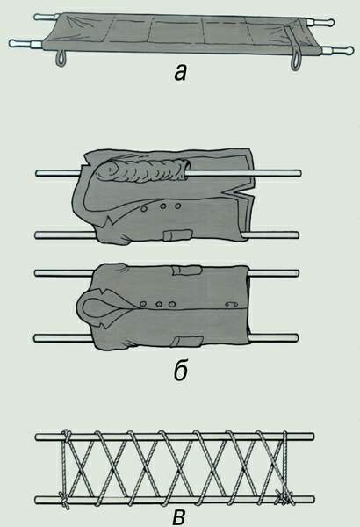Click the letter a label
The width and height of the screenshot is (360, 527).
[x=181, y=72]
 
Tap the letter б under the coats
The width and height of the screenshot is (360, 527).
[x=181, y=370]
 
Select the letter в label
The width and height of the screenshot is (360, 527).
[x=179, y=518]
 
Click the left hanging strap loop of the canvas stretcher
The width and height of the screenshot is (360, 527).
[x=61, y=58]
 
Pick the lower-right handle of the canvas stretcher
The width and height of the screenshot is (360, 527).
[x=337, y=51]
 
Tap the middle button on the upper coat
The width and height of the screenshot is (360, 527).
[x=162, y=206]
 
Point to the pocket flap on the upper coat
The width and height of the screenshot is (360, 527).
[x=176, y=235]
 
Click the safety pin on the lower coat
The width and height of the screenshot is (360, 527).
[x=232, y=305]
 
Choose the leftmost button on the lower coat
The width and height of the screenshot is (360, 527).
[x=143, y=305]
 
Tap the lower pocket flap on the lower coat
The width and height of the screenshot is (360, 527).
[x=187, y=341]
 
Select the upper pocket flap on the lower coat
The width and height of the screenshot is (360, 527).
[x=186, y=270]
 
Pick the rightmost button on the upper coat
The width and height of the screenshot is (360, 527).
[x=178, y=206]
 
